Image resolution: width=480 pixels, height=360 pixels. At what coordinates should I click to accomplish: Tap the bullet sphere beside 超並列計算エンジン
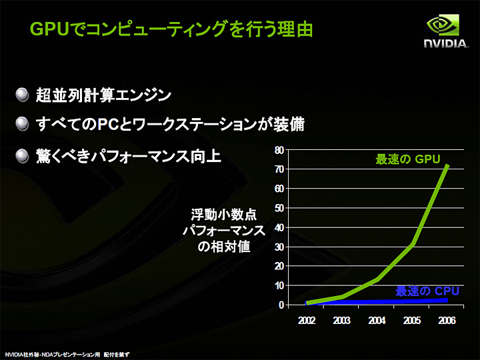(23, 95)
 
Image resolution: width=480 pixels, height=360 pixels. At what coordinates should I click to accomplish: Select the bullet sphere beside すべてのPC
(23, 125)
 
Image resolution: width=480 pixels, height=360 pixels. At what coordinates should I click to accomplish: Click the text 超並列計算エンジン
(104, 95)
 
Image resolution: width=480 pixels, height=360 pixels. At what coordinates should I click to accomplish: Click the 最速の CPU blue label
(427, 291)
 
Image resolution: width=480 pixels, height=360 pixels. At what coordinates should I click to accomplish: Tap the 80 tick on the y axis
(278, 150)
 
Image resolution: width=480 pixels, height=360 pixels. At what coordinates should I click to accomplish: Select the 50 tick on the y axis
(278, 208)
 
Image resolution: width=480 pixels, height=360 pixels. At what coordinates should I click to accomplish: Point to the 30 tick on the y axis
(278, 247)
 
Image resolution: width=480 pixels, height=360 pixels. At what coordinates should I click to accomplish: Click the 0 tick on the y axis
(281, 305)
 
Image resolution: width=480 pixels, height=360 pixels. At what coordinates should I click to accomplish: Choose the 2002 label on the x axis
(306, 320)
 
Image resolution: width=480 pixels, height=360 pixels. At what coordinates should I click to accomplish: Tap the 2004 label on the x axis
(377, 320)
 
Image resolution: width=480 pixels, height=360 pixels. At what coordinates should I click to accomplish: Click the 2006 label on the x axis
(447, 320)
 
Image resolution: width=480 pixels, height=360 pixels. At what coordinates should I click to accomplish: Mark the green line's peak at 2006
(447, 165)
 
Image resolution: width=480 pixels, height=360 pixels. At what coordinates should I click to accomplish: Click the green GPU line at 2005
(412, 244)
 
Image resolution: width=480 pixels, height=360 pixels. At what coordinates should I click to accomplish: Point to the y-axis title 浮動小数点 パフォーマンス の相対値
(223, 230)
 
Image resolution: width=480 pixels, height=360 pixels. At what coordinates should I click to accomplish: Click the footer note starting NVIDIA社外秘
(67, 354)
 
